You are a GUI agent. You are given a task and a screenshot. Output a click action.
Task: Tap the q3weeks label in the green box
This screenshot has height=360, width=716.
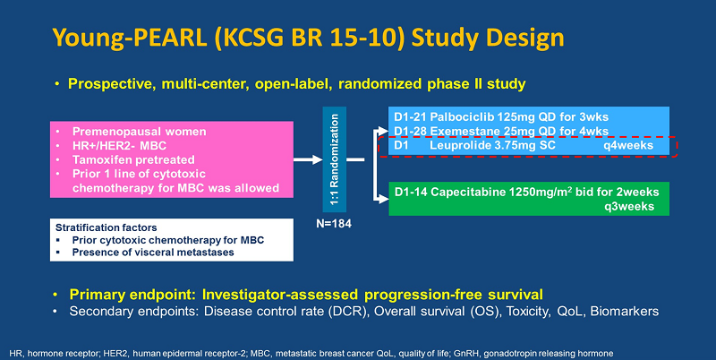[637, 206]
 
